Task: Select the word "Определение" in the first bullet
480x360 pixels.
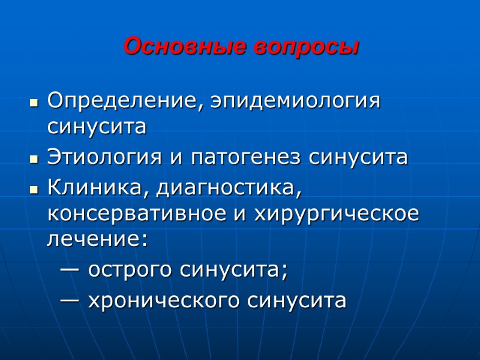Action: pos(121,101)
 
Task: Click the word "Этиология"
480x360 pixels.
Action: pos(104,157)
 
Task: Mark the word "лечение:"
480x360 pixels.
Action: pos(97,239)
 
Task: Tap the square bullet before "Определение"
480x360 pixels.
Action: pos(34,102)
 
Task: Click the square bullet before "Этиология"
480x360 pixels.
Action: pos(34,159)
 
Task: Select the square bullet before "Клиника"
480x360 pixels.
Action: pos(34,189)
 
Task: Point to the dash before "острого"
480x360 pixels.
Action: pos(70,270)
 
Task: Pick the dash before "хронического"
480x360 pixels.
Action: pos(70,299)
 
